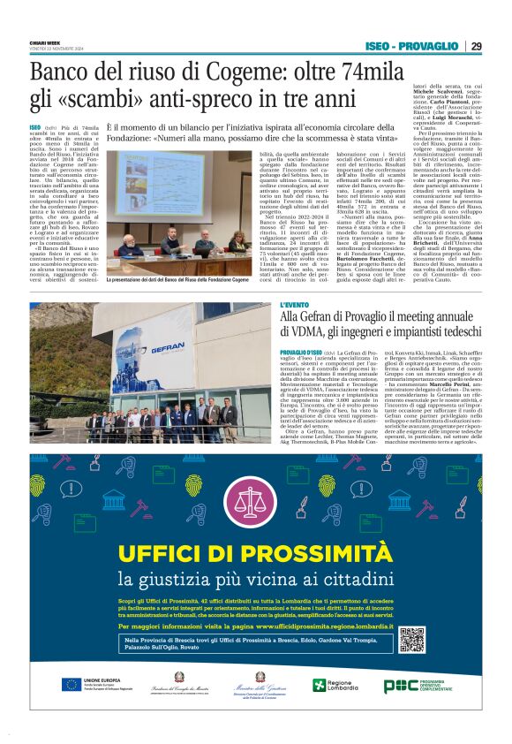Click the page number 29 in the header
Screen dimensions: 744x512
tap(476, 46)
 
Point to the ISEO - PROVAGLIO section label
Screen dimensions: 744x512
tap(410, 46)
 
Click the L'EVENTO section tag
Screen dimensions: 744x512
tap(295, 307)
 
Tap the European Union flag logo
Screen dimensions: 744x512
tap(72, 684)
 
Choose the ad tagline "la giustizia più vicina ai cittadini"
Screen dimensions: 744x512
tap(255, 579)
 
